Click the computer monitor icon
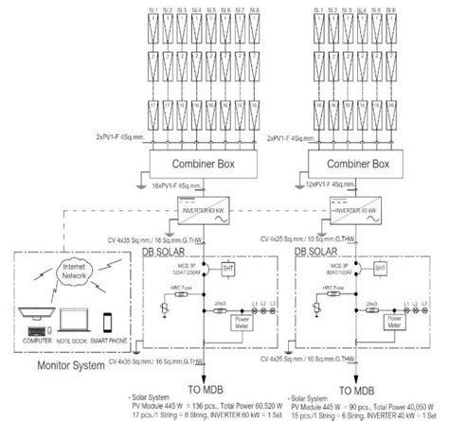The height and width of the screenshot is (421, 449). (30, 316)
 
